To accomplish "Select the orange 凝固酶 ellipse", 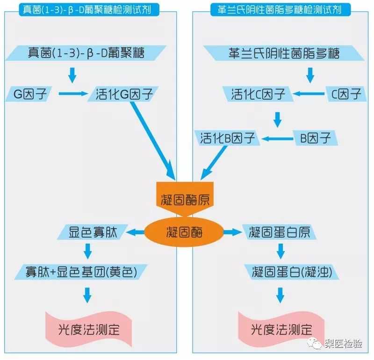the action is [184, 232].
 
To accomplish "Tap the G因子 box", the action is [29, 94].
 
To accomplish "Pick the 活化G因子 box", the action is [123, 94].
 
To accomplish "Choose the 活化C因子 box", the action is [258, 94].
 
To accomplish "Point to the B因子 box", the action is [315, 138].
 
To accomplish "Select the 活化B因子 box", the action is [227, 138].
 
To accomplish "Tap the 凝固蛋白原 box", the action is [279, 232].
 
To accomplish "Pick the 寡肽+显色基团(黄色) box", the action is [81, 272].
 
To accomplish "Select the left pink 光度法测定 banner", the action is [88, 329].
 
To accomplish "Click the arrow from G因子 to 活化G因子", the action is [73, 94].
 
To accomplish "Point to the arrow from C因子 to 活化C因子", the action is [309, 94].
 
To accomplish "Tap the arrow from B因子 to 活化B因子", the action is [277, 138].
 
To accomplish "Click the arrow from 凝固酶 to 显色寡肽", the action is [135, 232].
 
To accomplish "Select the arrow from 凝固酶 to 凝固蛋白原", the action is [232, 232].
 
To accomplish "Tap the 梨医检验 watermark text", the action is [344, 344].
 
